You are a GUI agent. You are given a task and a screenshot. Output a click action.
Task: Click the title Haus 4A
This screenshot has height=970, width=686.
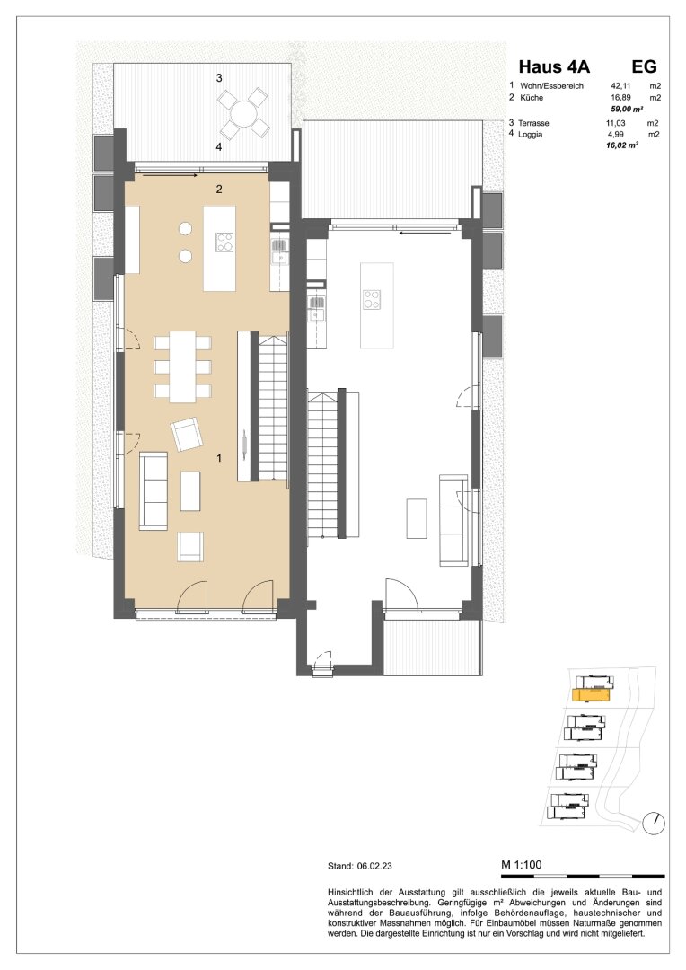click(x=554, y=66)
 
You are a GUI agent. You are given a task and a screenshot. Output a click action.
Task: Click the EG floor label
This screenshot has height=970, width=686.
click(x=644, y=66)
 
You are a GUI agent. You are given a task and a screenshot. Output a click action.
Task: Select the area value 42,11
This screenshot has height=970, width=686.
click(x=620, y=86)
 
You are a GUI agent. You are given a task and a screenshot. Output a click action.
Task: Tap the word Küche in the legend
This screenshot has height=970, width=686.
click(x=532, y=98)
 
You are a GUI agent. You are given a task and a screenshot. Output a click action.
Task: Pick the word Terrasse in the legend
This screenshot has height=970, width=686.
click(x=533, y=123)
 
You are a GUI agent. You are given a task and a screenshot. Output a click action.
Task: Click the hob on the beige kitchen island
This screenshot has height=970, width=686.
click(x=224, y=242)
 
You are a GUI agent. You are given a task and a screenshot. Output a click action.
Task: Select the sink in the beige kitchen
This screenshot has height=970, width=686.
click(x=279, y=253)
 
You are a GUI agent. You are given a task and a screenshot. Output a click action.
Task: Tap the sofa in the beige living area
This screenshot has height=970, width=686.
click(x=153, y=491)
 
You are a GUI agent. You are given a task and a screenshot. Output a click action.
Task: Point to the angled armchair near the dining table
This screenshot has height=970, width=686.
click(x=187, y=434)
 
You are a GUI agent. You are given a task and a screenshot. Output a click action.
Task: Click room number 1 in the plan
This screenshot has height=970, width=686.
click(x=218, y=458)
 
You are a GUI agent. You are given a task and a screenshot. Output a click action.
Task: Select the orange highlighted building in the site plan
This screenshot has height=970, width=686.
click(x=592, y=695)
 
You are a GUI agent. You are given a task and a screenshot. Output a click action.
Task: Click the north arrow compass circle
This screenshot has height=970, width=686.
click(x=654, y=823)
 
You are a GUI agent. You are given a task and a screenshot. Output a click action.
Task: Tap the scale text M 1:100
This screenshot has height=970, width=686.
click(x=521, y=865)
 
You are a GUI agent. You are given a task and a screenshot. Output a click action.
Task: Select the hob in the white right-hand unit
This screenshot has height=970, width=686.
click(x=371, y=300)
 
